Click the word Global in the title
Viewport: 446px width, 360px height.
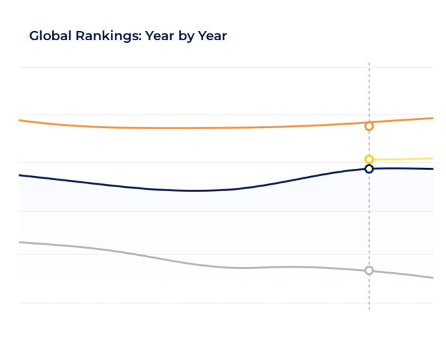click(50, 36)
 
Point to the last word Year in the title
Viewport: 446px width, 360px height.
click(212, 36)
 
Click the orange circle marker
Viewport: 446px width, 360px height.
click(369, 126)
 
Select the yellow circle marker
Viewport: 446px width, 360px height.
click(369, 160)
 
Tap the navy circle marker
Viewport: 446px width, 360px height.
click(369, 169)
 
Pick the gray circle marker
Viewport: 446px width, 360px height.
click(369, 270)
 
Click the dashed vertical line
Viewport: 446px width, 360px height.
click(369, 186)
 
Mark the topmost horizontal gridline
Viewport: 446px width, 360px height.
click(226, 67)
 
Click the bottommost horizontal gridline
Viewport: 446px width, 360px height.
click(226, 303)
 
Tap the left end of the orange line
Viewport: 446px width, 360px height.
click(19, 120)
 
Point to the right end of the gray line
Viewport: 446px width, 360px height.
click(433, 278)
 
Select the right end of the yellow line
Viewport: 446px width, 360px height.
click(433, 158)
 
